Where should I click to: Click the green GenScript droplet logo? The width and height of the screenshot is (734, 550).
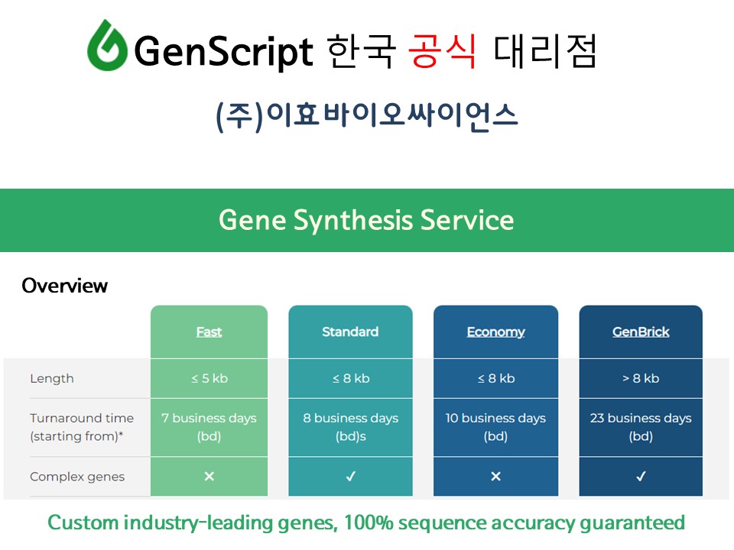pyautogui.click(x=107, y=45)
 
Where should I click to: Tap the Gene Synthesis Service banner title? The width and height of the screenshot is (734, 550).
pyautogui.click(x=366, y=220)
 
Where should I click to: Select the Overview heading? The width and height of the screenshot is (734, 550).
pyautogui.click(x=64, y=286)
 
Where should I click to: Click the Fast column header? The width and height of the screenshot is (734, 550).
pyautogui.click(x=209, y=332)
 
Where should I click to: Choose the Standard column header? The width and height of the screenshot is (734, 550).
pyautogui.click(x=350, y=332)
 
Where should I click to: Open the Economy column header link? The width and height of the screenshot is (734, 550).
pyautogui.click(x=495, y=332)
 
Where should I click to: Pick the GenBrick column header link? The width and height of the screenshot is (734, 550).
pyautogui.click(x=641, y=332)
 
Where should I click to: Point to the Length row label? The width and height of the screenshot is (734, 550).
pyautogui.click(x=52, y=378)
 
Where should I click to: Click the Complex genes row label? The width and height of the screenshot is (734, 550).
pyautogui.click(x=77, y=477)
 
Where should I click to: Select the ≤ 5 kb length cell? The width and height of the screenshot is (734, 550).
pyautogui.click(x=209, y=378)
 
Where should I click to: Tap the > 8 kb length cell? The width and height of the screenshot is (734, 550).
pyautogui.click(x=641, y=378)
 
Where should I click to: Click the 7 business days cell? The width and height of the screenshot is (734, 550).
pyautogui.click(x=209, y=427)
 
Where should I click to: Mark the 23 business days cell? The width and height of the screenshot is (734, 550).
pyautogui.click(x=641, y=427)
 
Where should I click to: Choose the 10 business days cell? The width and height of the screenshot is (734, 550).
pyautogui.click(x=495, y=427)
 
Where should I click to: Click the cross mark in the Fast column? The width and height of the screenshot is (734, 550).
pyautogui.click(x=209, y=476)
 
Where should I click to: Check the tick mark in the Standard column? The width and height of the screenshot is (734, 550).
pyautogui.click(x=351, y=476)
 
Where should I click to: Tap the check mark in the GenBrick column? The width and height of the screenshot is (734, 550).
pyautogui.click(x=641, y=476)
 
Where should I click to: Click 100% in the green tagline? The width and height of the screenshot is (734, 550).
pyautogui.click(x=369, y=522)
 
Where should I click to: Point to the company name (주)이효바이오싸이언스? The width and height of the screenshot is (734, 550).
pyautogui.click(x=366, y=115)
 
